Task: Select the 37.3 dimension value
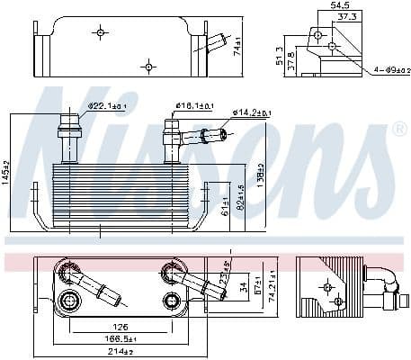coord(346,17)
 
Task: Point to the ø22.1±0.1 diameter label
coord(106,107)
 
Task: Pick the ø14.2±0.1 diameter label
coord(253,113)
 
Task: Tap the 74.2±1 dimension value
coord(271,290)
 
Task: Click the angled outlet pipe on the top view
coord(216,42)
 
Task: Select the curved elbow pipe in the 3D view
coord(385,280)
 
